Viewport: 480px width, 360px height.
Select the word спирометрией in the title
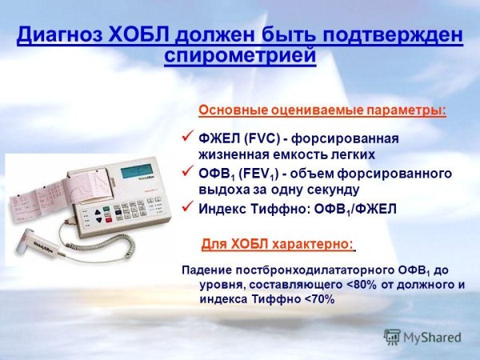(240, 56)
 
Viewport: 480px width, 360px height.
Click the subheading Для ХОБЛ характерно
(277, 243)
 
